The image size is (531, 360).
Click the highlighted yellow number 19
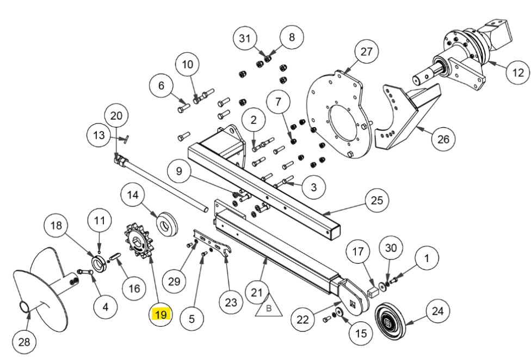(x=161, y=314)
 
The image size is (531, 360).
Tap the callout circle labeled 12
(x=517, y=72)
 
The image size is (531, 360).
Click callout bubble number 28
(x=25, y=342)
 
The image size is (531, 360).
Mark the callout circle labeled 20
(x=117, y=116)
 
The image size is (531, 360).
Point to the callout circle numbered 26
(x=443, y=139)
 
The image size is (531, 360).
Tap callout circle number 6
(x=162, y=85)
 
